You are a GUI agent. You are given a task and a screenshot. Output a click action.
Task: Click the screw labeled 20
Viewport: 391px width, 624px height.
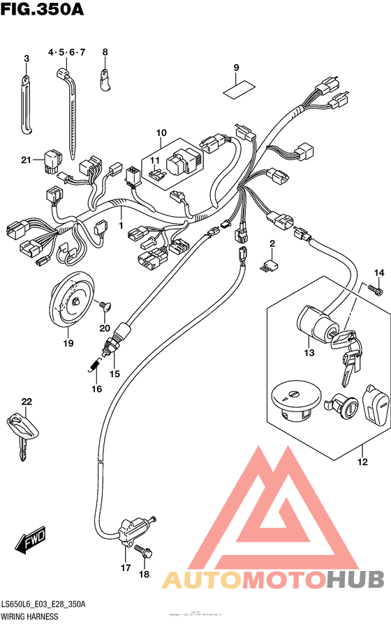(x=104, y=305)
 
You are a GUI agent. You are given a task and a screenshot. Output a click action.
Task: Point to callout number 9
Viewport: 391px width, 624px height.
(x=237, y=67)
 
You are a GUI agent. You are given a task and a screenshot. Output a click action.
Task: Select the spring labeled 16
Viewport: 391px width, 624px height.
(x=93, y=362)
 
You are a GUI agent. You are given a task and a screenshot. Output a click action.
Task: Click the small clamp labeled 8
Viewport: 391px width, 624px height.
(x=106, y=82)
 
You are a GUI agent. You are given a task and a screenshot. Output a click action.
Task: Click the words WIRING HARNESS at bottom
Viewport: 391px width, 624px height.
(x=29, y=617)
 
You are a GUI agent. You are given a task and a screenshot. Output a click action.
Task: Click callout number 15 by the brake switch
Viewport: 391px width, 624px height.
(x=115, y=374)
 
